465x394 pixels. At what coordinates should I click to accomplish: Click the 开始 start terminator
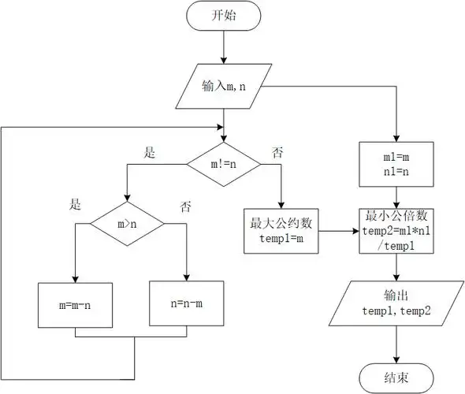(224, 16)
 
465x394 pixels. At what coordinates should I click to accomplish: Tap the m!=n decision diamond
(223, 164)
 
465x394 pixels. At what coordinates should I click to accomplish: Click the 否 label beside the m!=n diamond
(277, 151)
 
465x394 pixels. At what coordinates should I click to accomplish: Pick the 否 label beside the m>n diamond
(186, 207)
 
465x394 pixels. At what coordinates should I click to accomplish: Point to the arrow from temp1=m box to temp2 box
(337, 232)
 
